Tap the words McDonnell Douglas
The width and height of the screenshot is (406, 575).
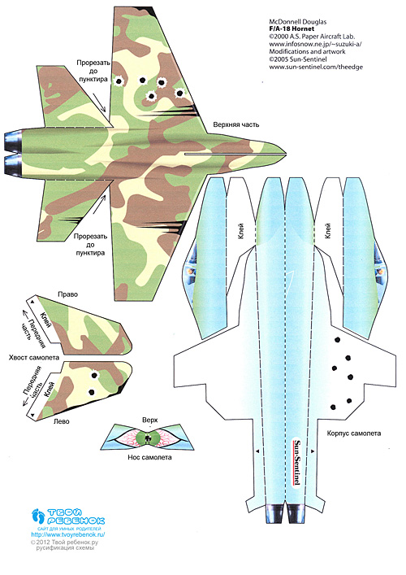298,22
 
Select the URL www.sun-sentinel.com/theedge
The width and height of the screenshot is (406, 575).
316,67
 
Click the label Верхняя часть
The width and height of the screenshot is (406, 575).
236,124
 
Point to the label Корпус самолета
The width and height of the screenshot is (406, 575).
354,433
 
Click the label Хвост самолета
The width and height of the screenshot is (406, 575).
33,357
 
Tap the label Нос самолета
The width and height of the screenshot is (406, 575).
149,457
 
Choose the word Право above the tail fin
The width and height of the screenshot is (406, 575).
67,294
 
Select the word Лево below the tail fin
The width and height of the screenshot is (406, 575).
61,421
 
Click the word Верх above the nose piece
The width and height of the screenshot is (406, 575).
149,420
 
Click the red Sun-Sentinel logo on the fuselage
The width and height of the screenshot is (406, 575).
297,463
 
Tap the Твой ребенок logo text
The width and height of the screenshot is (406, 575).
76,516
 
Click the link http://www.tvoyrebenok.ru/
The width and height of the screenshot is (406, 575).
68,534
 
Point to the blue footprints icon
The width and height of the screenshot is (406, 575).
38,516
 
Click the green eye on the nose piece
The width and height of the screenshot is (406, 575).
148,438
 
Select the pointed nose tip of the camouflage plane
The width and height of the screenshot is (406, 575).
286,153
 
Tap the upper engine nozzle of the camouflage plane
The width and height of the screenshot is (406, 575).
13,141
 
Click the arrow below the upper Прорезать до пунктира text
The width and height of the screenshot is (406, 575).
99,102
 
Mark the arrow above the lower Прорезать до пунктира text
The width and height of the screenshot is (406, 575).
98,205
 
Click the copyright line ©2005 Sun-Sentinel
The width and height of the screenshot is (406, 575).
298,59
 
